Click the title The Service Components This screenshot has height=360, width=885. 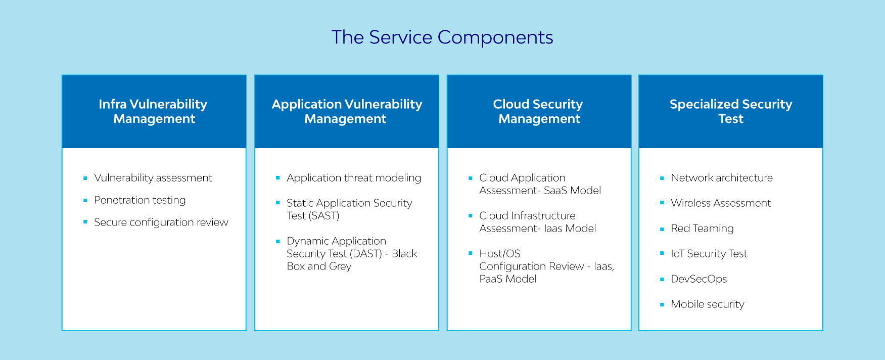(442, 37)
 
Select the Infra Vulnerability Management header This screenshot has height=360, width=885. (153, 111)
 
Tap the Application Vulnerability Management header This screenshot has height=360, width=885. (347, 111)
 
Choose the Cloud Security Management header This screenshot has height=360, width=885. (538, 111)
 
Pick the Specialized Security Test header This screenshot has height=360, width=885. (731, 111)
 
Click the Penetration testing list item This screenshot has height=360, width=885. (140, 200)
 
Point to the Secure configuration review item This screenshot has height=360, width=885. (161, 222)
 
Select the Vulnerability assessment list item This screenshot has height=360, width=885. (153, 178)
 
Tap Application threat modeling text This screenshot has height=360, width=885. (354, 178)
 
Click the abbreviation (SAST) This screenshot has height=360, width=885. (324, 216)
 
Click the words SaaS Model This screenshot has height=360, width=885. (573, 191)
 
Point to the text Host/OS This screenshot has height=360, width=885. (500, 254)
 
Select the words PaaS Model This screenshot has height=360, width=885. (508, 279)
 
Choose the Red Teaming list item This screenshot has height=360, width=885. (702, 229)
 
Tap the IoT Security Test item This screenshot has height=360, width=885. (709, 254)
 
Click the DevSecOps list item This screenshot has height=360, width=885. (699, 279)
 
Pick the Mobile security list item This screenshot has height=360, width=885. (708, 304)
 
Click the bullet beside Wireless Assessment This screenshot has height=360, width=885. (662, 203)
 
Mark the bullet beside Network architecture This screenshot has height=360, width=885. (662, 178)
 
